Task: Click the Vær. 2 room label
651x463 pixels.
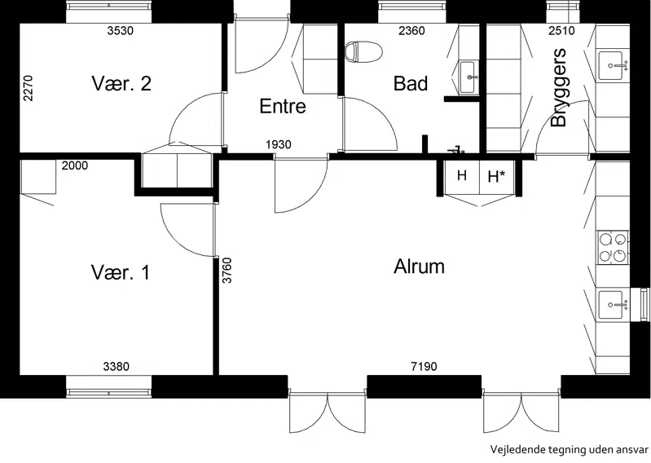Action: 121,83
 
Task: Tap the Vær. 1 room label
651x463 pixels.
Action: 120,273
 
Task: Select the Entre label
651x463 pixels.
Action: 283,106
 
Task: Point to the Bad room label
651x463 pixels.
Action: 411,83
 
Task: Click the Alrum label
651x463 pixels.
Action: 419,267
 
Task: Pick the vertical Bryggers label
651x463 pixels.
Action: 559,87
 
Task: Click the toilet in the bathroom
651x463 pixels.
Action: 363,52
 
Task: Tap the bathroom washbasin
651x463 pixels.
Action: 468,77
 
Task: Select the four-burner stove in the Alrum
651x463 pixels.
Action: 613,248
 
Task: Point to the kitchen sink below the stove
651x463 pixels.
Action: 613,305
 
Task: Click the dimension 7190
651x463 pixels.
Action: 424,366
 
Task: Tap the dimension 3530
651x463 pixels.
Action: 121,30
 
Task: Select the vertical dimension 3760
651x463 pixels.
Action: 227,271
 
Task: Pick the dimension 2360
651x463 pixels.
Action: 411,30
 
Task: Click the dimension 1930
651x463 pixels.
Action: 278,144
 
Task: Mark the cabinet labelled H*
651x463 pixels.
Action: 497,178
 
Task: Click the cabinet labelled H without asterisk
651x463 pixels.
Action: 462,178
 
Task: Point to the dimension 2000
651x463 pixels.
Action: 75,165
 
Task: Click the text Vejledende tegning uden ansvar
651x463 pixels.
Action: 570,450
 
